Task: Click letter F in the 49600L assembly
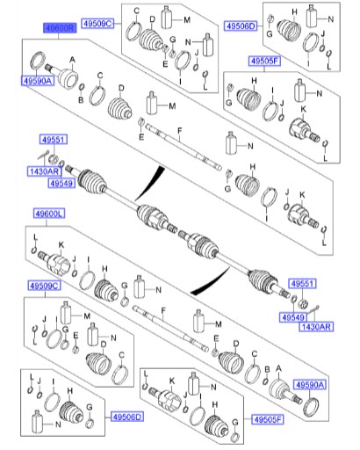(x=162, y=315)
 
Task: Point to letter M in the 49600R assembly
(x=172, y=106)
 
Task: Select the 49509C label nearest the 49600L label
(x=42, y=286)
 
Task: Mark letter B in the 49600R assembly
(x=80, y=100)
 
